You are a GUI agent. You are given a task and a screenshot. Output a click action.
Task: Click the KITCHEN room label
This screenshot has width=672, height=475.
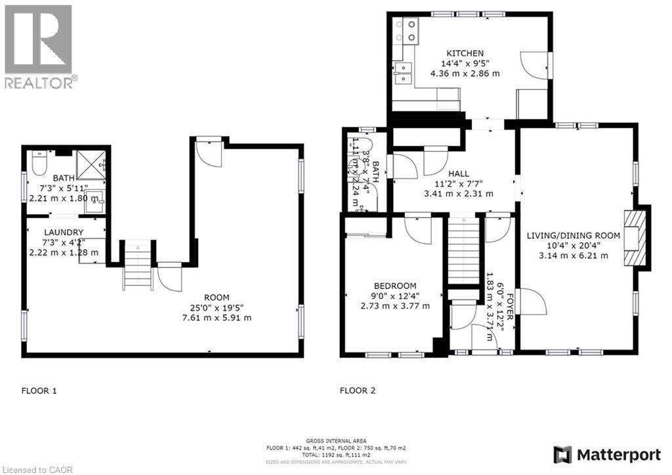pyautogui.click(x=465, y=53)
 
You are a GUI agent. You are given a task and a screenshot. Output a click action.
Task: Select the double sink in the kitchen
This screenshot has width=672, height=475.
pyautogui.click(x=402, y=73)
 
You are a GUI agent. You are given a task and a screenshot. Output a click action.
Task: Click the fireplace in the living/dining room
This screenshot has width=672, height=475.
pyautogui.click(x=635, y=238)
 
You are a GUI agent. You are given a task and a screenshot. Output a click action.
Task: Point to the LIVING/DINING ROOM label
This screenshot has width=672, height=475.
pyautogui.click(x=573, y=235)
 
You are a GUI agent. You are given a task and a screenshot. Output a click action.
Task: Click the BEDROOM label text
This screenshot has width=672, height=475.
pyautogui.click(x=395, y=285)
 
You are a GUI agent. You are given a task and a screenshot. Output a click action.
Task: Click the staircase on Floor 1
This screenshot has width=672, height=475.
pyautogui.click(x=138, y=265)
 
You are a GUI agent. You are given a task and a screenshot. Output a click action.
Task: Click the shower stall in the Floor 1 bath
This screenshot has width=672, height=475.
pyautogui.click(x=91, y=164)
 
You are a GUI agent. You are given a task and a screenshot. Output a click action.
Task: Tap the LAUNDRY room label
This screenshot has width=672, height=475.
pyautogui.click(x=64, y=232)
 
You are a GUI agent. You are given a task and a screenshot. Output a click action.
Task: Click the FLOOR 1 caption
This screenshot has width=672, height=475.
pyautogui.click(x=39, y=391)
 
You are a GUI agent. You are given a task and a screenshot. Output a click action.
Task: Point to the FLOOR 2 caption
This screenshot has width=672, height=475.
pyautogui.click(x=358, y=391)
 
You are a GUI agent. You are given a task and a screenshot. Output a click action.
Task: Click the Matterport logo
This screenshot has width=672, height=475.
pyautogui.click(x=607, y=455)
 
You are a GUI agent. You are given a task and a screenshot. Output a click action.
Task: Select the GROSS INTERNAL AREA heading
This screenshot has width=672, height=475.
pyautogui.click(x=336, y=441)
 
